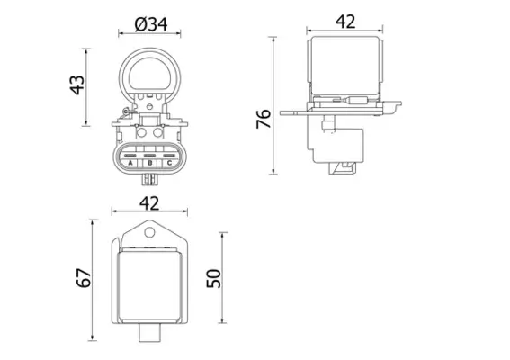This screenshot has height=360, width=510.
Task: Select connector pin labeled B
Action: [149, 163]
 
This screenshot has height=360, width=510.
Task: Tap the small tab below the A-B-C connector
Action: [149, 179]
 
